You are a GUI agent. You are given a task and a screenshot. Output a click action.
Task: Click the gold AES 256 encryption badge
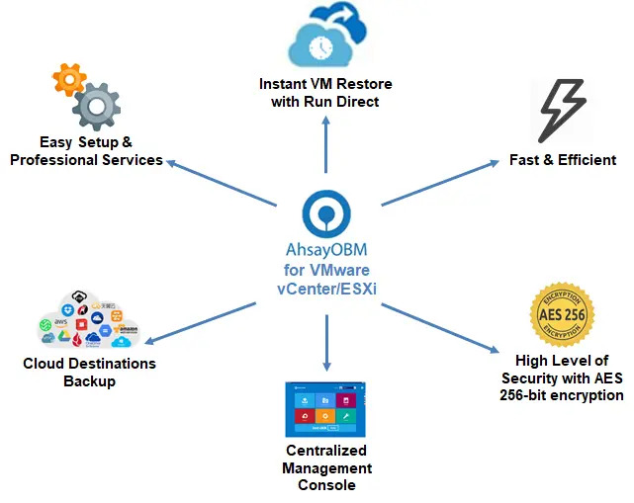tap(562, 313)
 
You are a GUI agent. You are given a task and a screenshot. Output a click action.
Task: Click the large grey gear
tap(96, 106)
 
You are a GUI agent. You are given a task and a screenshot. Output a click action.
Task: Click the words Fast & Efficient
tap(563, 159)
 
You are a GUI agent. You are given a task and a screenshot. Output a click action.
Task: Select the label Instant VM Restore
tap(325, 83)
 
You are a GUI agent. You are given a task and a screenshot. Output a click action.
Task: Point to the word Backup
tap(89, 380)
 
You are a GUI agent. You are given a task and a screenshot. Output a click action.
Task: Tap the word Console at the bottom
tap(325, 484)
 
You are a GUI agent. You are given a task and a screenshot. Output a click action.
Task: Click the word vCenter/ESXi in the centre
tap(325, 288)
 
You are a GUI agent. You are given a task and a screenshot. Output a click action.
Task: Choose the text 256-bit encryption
tap(562, 394)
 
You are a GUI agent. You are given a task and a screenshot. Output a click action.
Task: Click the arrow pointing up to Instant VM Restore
tap(325, 148)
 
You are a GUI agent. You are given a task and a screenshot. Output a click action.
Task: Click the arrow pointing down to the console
tap(325, 341)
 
